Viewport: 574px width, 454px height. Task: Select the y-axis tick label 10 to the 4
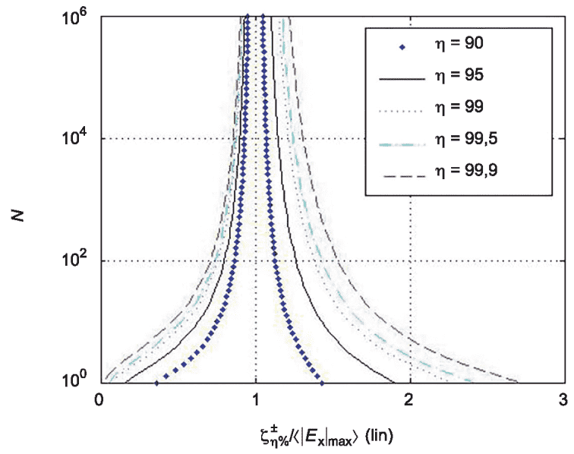tap(77, 138)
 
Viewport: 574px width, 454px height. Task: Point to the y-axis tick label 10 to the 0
tap(77, 380)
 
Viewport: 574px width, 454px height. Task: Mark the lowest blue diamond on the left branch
tap(156, 383)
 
